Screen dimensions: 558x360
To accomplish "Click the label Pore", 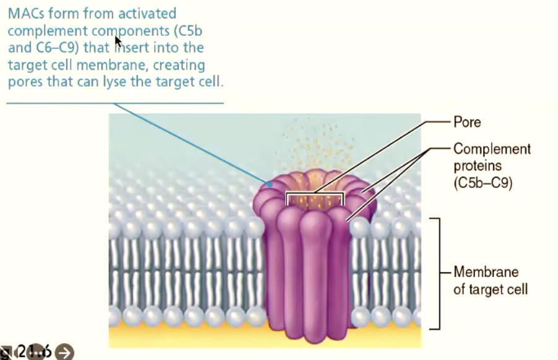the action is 467,122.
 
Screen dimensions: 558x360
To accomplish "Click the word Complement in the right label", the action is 492,149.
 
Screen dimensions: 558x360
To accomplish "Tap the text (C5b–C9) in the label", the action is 483,183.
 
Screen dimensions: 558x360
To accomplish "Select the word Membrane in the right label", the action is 486,272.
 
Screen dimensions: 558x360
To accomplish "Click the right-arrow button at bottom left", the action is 64,352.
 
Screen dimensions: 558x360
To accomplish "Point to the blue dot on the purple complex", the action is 270,184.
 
